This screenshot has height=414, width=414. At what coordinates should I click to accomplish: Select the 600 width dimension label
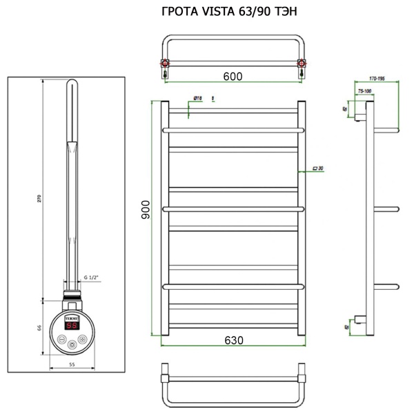click(x=233, y=77)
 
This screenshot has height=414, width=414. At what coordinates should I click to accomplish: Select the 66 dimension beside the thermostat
click(x=39, y=327)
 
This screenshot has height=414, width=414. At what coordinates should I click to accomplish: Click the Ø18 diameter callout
click(x=197, y=99)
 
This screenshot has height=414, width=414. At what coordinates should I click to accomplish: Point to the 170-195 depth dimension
click(x=377, y=79)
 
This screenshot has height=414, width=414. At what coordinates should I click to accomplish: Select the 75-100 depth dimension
click(x=364, y=90)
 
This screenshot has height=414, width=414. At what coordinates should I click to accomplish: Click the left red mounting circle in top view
click(x=166, y=66)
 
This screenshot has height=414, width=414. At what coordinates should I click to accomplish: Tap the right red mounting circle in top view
click(x=301, y=66)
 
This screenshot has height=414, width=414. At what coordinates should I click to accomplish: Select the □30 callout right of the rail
click(x=318, y=168)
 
